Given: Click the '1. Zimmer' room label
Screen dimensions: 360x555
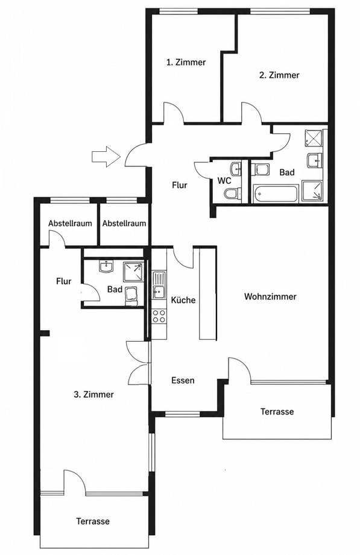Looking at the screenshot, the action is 186,62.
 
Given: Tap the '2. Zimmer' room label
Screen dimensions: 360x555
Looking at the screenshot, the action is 279,75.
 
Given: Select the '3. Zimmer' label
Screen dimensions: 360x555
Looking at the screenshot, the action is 93,394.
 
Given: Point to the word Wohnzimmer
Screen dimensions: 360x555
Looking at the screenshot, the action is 270,296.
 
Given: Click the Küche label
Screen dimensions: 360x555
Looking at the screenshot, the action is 183,300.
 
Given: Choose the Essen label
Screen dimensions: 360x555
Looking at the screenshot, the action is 183,380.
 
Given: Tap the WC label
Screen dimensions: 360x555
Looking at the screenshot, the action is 224,181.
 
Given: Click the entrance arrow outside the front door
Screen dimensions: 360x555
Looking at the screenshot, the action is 106,156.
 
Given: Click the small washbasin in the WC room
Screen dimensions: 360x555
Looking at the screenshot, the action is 236,169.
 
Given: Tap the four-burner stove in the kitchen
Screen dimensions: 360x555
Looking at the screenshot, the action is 159,316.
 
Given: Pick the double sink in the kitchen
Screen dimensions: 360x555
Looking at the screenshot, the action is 159,284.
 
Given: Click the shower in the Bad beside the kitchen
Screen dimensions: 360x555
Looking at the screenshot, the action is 133,272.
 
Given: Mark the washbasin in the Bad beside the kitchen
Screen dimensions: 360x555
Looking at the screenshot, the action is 106,267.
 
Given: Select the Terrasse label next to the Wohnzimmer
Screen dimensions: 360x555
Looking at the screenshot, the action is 277,412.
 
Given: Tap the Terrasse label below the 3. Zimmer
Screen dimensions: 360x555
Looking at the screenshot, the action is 93,521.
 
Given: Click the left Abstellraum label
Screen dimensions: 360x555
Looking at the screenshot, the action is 70,224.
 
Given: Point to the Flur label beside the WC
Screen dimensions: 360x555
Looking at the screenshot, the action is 180,185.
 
